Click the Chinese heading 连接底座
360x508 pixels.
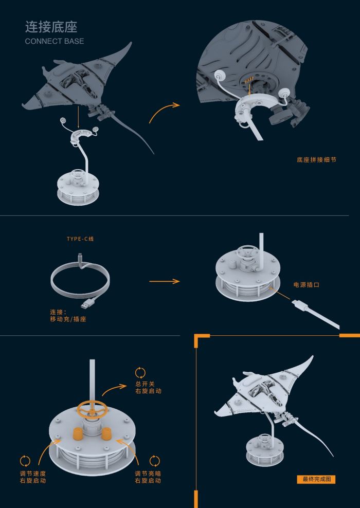pos(51,27)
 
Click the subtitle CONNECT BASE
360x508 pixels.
pos(54,41)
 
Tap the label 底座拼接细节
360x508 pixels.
pos(316,160)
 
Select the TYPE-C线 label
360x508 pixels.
pos(81,239)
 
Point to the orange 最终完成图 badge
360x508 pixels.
pos(316,479)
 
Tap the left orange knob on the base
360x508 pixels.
pos(77,433)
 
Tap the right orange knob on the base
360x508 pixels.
pos(107,434)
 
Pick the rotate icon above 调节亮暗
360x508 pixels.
pos(154,461)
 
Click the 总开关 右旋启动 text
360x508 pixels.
pos(148,387)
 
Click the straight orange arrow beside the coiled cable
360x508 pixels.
pos(164,281)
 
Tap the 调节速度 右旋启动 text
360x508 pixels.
pos(32,477)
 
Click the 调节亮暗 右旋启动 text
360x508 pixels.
pos(148,477)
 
